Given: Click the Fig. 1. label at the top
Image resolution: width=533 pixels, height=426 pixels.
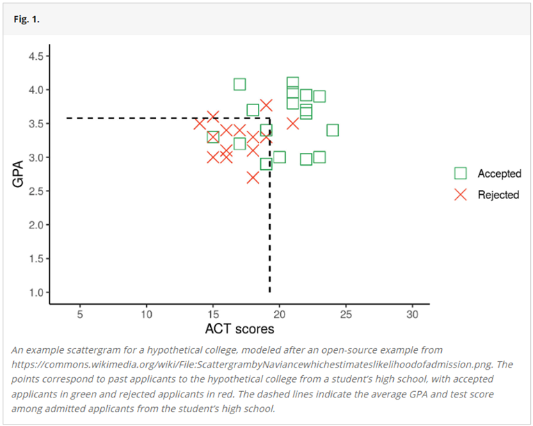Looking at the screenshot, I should (x=26, y=19).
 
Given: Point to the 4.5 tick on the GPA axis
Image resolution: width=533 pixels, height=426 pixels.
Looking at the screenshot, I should (x=34, y=56).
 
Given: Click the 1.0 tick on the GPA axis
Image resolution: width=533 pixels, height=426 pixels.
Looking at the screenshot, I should (x=34, y=292).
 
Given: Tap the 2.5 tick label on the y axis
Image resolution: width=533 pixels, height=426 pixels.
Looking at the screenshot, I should (x=34, y=191).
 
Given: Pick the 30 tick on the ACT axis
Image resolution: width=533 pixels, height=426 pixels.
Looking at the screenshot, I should (x=412, y=315).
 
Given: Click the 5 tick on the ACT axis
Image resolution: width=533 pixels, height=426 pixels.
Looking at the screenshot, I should (x=80, y=315).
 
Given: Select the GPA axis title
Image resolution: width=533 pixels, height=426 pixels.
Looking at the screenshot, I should (x=18, y=174).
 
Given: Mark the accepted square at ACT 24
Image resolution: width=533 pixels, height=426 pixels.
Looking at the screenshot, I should (x=333, y=130).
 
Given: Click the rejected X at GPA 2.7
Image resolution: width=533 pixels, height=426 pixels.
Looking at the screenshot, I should (x=253, y=177).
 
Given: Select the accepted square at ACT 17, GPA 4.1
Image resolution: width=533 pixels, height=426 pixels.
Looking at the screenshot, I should (x=239, y=84).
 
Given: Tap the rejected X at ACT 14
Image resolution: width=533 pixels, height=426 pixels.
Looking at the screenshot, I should (x=200, y=124).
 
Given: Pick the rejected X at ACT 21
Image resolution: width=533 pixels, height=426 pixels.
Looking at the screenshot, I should (x=293, y=123).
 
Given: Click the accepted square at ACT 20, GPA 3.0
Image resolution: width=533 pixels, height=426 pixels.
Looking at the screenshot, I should (x=279, y=157).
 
